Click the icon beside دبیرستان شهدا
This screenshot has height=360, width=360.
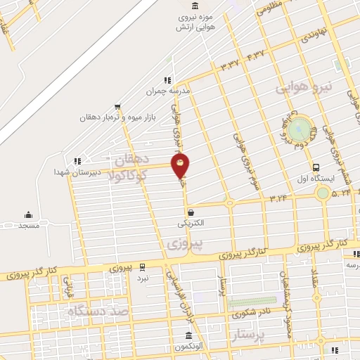point(77,161)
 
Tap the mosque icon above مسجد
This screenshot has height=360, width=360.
point(28,214)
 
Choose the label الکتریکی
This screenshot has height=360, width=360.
point(191,223)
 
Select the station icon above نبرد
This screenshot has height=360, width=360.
point(143,266)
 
